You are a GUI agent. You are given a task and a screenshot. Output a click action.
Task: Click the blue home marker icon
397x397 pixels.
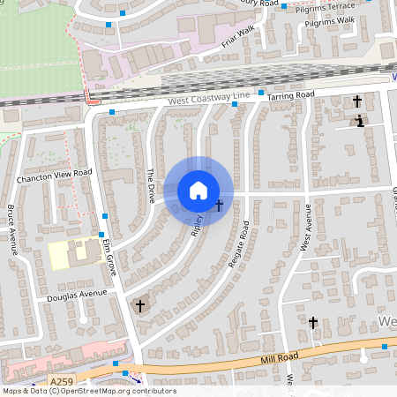198,190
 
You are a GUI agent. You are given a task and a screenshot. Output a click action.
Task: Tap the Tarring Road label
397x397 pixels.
292,95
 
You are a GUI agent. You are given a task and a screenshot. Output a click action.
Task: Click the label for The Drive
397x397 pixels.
151,182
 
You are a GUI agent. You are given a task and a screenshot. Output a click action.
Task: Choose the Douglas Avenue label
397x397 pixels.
77,295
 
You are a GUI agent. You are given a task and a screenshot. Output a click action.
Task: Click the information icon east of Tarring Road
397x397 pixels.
360,121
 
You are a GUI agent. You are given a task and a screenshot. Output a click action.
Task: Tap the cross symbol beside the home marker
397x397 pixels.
219,206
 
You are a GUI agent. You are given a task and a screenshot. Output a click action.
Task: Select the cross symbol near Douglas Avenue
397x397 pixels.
139,306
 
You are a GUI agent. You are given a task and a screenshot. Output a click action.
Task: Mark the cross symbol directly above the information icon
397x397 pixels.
357,101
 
